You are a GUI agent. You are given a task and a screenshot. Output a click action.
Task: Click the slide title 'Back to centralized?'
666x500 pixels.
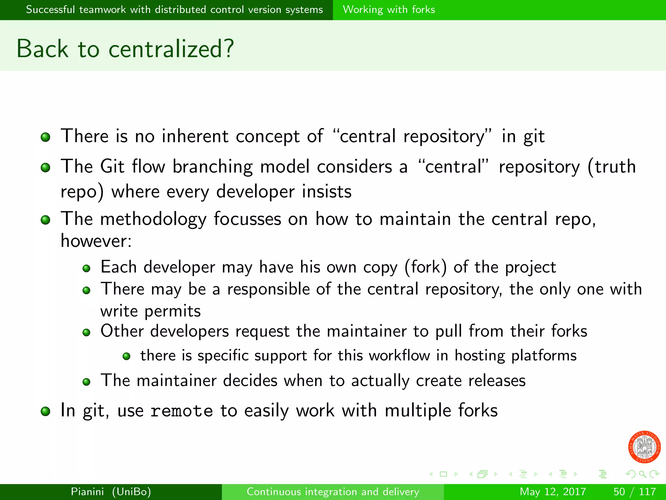[125, 49]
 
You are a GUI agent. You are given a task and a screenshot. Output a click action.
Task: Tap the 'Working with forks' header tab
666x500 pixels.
[389, 9]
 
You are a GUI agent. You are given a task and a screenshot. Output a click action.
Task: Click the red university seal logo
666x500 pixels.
[644, 447]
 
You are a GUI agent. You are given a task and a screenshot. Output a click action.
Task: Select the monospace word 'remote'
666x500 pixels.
[182, 411]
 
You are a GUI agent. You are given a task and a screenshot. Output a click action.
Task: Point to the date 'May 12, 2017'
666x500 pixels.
[553, 491]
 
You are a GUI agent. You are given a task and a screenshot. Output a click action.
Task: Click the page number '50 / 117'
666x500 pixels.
[634, 491]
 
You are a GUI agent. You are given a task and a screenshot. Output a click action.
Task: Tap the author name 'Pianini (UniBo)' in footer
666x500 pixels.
[111, 491]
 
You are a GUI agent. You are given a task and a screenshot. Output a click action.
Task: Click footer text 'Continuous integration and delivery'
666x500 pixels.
[333, 491]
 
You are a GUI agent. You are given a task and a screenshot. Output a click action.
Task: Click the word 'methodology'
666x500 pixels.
[153, 219]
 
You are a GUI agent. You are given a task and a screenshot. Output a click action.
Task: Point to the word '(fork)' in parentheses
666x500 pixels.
[425, 267]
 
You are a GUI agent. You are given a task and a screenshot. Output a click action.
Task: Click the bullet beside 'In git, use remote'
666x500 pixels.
[46, 411]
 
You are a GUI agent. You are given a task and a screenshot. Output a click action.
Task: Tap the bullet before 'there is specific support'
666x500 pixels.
[127, 356]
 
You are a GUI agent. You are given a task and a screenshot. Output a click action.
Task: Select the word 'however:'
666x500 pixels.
[96, 241]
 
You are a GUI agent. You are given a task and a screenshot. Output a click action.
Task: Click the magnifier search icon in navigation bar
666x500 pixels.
[642, 474]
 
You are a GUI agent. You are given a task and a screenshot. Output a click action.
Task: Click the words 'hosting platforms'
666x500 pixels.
[515, 355]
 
